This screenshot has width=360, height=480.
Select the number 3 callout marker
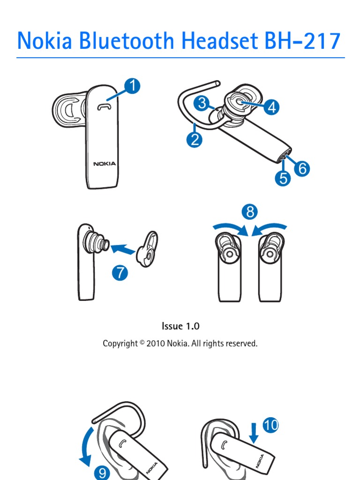click(x=202, y=103)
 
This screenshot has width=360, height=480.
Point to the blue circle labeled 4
click(x=271, y=107)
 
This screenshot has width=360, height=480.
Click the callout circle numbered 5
click(x=282, y=178)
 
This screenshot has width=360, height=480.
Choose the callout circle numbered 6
click(x=302, y=168)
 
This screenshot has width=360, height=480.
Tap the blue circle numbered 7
click(x=120, y=273)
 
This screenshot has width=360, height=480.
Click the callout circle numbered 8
click(x=250, y=212)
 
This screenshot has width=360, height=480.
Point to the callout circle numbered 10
click(x=270, y=425)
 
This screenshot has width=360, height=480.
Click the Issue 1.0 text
click(x=180, y=326)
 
